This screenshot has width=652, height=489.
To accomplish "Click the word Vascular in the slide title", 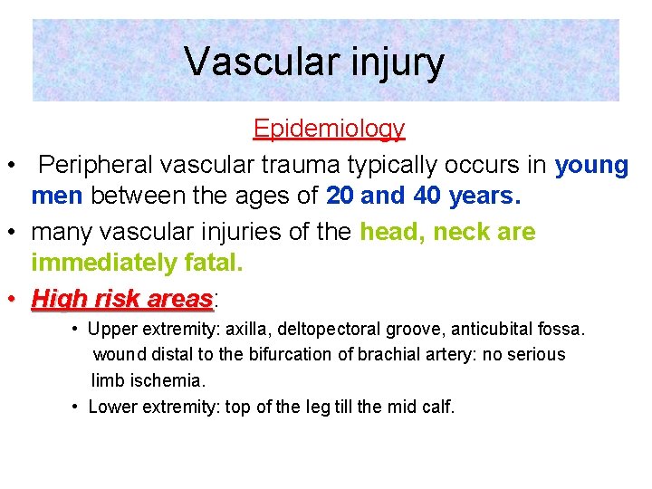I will click(247, 62).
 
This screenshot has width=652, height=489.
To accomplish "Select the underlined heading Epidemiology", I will click(329, 129).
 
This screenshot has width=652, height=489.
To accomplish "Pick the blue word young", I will click(591, 166).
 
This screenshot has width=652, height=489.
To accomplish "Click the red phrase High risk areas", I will click(122, 298).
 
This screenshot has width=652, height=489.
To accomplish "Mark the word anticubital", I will click(490, 328).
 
